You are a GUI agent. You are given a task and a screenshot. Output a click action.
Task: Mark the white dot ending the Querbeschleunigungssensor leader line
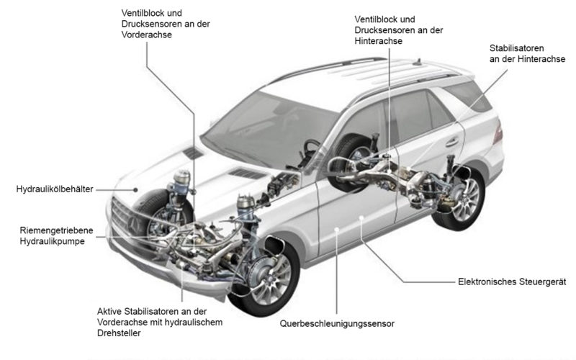pyautogui.click(x=337, y=230)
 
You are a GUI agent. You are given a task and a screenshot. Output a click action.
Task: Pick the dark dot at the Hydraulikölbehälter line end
pyautogui.click(x=136, y=189)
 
